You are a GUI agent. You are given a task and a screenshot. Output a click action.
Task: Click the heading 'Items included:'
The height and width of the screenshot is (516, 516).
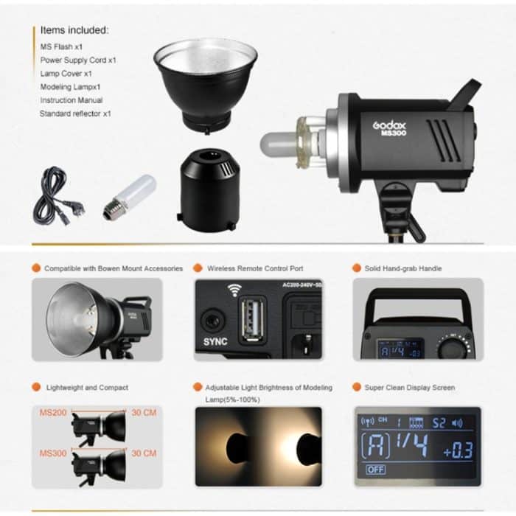[74, 30]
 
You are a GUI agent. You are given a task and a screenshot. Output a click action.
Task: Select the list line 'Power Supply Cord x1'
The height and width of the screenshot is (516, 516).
[78, 60]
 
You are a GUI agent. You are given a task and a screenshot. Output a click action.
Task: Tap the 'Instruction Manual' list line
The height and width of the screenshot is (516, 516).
[72, 100]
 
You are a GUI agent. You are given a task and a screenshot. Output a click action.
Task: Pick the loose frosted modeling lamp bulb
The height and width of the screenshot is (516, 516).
[133, 194]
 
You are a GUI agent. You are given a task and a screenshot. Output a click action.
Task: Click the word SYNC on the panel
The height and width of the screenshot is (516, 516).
[215, 341]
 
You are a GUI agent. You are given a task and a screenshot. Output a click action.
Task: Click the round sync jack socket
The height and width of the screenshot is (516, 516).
[215, 320]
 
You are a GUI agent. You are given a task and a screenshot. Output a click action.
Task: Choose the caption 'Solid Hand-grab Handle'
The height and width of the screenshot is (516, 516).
[403, 269]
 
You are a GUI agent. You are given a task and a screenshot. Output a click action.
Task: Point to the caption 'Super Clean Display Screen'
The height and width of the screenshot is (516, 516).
[410, 388]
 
